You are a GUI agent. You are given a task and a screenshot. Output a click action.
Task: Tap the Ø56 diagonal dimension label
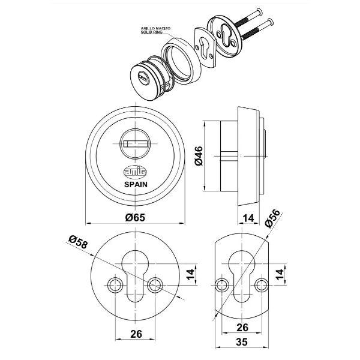coord(274,220)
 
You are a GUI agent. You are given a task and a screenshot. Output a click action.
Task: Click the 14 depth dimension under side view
coord(247,218)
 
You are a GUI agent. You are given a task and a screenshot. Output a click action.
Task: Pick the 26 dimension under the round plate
coord(136,333)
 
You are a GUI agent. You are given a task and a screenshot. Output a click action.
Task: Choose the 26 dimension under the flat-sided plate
coord(243,328)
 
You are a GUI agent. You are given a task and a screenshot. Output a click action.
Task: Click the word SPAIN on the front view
coord(136,185)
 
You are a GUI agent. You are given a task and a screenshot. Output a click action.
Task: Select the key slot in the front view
coord(136,143)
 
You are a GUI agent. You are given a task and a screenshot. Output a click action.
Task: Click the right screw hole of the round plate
coord(157,283)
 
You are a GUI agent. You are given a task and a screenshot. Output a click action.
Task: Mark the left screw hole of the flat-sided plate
coord(223,283)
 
